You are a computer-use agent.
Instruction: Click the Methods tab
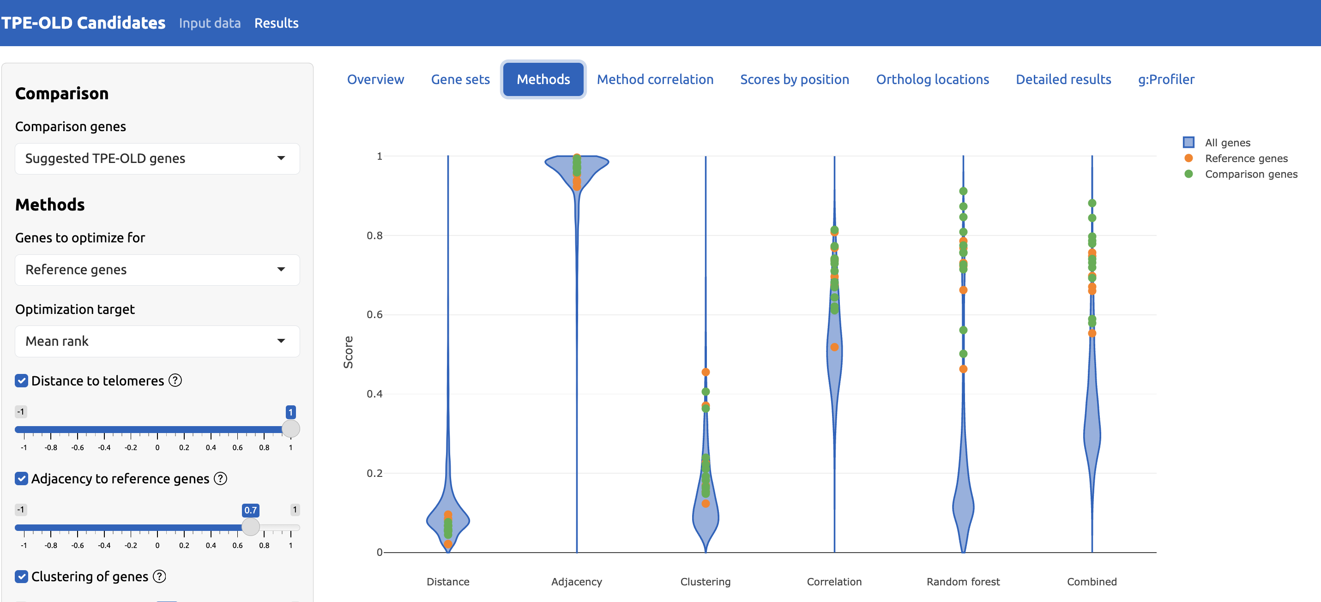[543, 79]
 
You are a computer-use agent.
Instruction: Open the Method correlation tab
[655, 79]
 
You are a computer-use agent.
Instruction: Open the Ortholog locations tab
[932, 79]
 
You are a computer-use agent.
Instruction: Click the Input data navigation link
[210, 23]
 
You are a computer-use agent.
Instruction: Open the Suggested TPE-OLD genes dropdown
[157, 158]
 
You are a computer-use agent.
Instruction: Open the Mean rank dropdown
[157, 341]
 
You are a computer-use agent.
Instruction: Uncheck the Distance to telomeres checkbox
[22, 380]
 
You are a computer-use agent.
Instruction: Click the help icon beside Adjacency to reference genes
[221, 478]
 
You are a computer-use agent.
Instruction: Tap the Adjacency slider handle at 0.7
[251, 527]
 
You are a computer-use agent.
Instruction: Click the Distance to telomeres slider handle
[291, 429]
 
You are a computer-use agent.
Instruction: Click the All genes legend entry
[1227, 143]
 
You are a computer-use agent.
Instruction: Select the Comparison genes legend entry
[1251, 175]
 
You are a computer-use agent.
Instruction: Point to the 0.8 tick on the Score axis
[374, 235]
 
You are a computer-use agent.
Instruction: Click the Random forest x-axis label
[963, 582]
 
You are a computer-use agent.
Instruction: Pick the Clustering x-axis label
[705, 582]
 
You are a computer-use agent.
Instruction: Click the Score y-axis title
[348, 352]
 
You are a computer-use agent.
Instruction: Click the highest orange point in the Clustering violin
[706, 372]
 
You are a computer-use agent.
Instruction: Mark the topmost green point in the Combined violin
[1092, 203]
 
